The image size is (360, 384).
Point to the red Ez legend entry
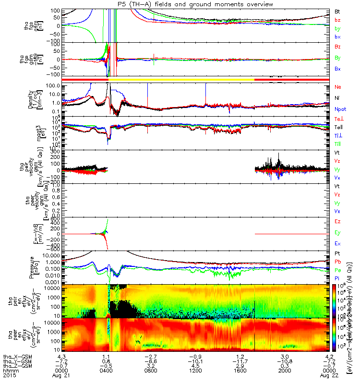tap(337, 221)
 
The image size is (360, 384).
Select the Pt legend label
tap(337, 252)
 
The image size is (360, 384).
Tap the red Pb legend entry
tap(337, 262)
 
